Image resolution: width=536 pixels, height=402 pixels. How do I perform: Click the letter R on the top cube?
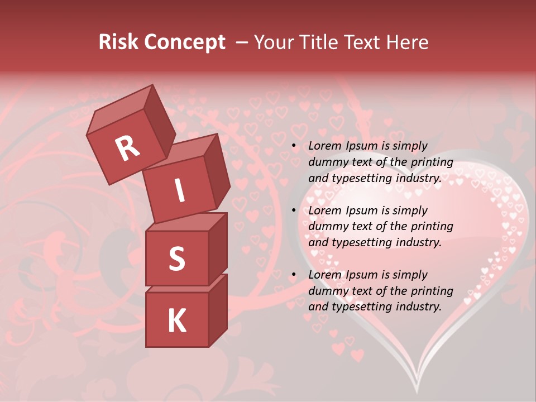tap(127, 149)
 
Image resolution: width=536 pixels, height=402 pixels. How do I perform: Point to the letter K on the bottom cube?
tap(176, 320)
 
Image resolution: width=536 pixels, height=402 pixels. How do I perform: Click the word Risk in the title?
tap(119, 42)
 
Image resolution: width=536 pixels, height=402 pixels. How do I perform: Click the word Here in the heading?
tap(408, 42)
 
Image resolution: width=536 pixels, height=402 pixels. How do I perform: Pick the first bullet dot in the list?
tap(294, 146)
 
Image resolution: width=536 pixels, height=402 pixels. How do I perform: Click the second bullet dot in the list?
tap(294, 211)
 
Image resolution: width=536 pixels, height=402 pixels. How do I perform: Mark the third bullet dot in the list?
tap(294, 275)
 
